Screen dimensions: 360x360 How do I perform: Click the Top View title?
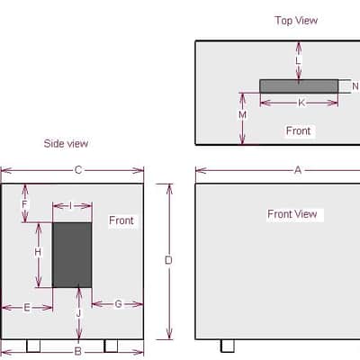[296, 21]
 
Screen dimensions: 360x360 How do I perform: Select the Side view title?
[66, 143]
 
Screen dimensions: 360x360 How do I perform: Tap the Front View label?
[292, 214]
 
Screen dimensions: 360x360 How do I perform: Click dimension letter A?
[298, 170]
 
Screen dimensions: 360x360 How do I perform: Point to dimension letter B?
[78, 351]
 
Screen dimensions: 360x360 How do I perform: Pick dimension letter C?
[78, 170]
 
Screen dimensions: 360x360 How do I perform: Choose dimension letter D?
[168, 260]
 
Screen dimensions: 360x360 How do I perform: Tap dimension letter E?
[27, 308]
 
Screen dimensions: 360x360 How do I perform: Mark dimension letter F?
[24, 204]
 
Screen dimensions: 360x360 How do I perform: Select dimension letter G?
[119, 304]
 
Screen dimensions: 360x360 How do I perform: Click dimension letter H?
[38, 253]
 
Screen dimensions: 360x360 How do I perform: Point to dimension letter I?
[70, 206]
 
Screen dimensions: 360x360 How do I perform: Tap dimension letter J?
[78, 313]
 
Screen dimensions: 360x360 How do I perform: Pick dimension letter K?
[301, 103]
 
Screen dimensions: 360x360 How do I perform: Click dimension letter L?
[298, 61]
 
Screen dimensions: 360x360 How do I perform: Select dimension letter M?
[242, 115]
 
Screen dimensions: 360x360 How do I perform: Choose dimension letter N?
[355, 86]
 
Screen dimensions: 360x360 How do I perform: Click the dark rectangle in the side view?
[72, 255]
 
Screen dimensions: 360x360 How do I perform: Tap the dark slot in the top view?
[299, 86]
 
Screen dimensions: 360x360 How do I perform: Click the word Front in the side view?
[121, 220]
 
